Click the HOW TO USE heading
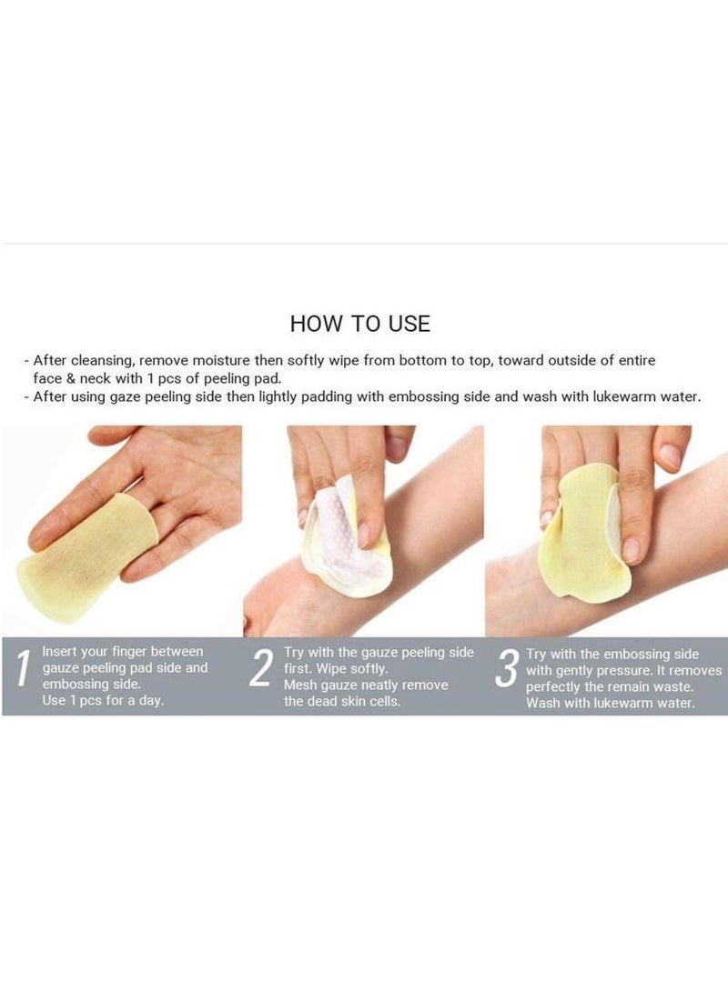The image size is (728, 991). pyautogui.click(x=359, y=323)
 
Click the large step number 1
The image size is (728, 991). pyautogui.click(x=21, y=678)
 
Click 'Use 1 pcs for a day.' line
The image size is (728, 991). pyautogui.click(x=104, y=701)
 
